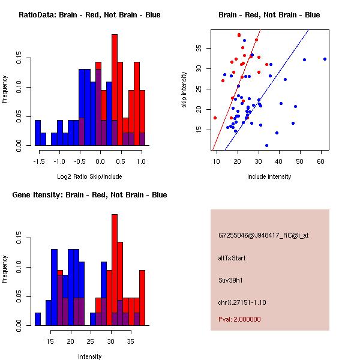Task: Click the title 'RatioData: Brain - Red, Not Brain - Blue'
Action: (89, 15)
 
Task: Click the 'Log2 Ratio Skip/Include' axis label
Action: (89, 176)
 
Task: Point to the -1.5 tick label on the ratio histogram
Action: (38, 161)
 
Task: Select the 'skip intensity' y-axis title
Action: (185, 89)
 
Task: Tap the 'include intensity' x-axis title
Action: (269, 176)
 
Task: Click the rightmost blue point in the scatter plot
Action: (325, 59)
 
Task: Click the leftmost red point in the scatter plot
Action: (215, 118)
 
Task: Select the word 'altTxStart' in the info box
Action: (232, 258)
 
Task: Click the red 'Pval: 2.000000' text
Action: (239, 319)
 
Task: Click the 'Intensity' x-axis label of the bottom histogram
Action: (89, 356)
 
